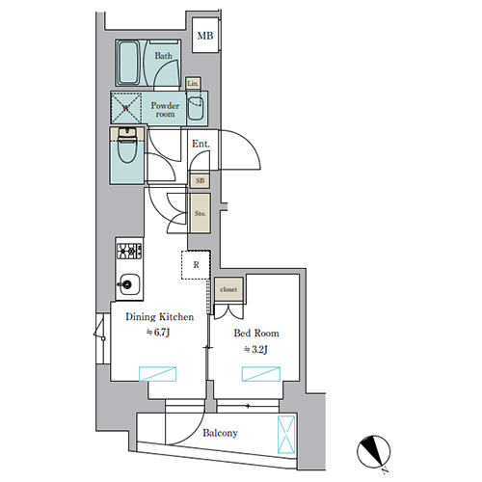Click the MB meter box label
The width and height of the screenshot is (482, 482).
[x=205, y=36]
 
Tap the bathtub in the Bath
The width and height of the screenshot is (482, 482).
[x=128, y=63]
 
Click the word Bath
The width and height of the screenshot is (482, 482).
[x=163, y=56]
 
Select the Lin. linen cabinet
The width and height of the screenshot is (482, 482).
[x=193, y=84]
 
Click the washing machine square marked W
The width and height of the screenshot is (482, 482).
[x=126, y=108]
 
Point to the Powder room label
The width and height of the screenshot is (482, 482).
[x=165, y=110]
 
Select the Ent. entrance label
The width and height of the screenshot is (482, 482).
[x=201, y=144]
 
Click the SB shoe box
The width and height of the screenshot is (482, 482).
[x=200, y=181]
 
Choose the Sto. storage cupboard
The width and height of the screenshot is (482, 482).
[x=201, y=213]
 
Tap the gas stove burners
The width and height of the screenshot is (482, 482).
[x=129, y=251]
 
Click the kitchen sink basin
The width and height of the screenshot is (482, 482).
[x=129, y=284]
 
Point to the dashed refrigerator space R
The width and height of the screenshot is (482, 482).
[x=196, y=265]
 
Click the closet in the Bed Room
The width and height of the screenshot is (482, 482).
[x=228, y=289]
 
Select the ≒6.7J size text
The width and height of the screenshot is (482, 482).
[x=158, y=333]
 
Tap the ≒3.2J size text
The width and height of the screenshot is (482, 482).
[x=255, y=349]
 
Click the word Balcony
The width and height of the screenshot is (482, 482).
[x=220, y=433]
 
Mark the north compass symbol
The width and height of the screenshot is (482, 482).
[x=374, y=452]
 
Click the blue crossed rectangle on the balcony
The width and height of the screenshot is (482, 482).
[x=286, y=435]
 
